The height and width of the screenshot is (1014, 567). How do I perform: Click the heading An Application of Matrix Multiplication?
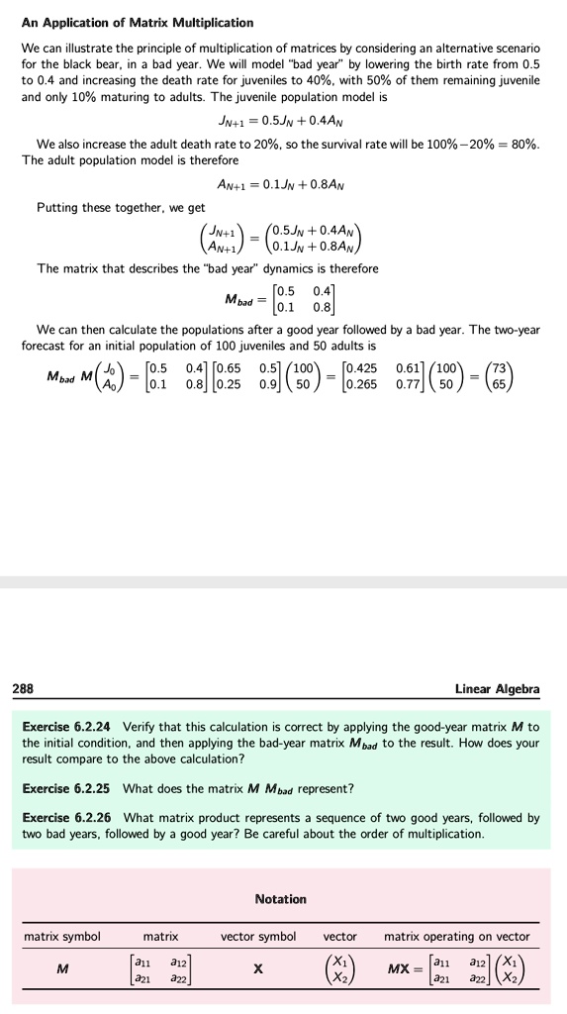coord(138,22)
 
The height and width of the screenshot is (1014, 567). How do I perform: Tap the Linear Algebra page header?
coord(497,688)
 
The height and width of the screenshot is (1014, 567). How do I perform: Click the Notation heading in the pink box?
coord(280,899)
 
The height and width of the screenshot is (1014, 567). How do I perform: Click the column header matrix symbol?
coord(62,936)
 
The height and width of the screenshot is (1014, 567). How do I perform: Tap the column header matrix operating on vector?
coord(456,936)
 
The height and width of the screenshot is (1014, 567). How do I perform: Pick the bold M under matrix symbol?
coord(62,968)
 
